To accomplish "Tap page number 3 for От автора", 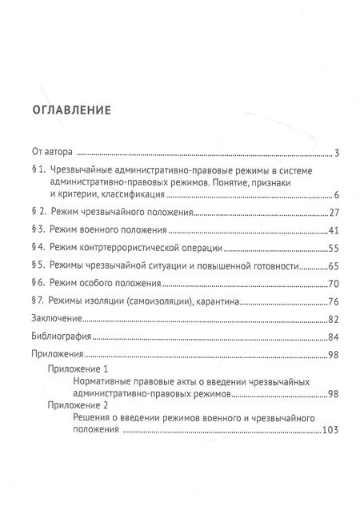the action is coord(339,153).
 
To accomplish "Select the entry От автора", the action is coord(52,152).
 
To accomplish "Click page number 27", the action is coord(336,214).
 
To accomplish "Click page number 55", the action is coord(336,248).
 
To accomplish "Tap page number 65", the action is coord(336,265).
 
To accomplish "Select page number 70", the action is coord(336,283).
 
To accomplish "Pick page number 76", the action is coord(336,301).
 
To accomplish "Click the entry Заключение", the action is coord(58,319).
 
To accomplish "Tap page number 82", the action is coord(336,319).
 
